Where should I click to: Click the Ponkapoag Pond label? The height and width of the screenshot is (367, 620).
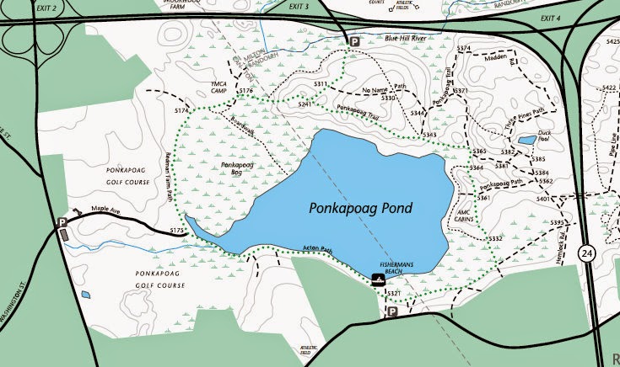point(359,205)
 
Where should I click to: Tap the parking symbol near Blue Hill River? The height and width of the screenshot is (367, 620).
point(355,41)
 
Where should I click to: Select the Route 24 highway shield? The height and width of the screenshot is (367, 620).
point(586,253)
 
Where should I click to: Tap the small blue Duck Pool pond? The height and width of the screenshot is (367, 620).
point(526,141)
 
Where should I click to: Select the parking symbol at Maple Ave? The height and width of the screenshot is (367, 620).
point(62,223)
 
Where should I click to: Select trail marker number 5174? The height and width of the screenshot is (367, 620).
point(181,110)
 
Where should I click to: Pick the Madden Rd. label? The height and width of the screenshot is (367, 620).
point(496,58)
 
